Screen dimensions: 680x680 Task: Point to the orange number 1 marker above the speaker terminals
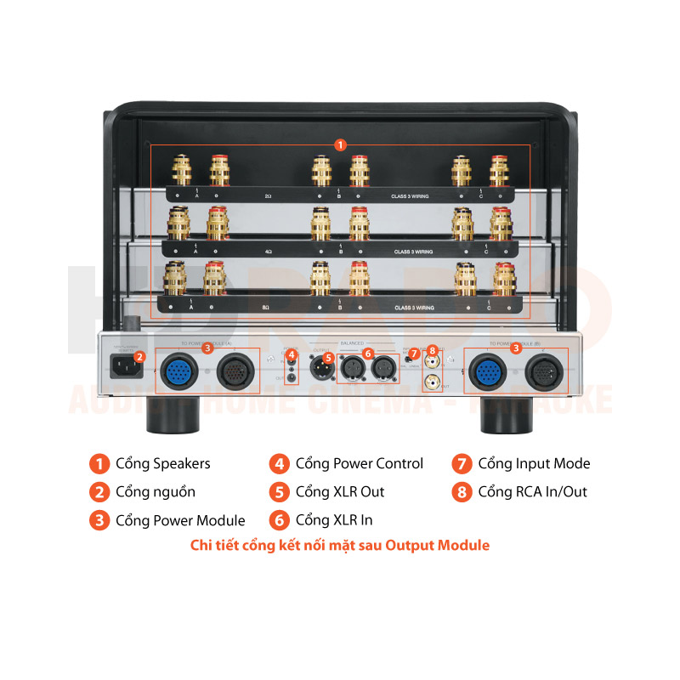(340, 144)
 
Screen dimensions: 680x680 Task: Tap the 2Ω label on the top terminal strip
(268, 196)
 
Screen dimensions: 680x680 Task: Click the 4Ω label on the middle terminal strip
(268, 252)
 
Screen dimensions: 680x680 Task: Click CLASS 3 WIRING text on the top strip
(411, 196)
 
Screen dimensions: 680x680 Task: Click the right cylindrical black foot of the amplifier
(501, 415)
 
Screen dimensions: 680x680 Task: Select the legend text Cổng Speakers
(162, 463)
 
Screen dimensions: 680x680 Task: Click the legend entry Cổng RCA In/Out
(532, 491)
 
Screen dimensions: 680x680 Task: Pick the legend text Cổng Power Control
(359, 463)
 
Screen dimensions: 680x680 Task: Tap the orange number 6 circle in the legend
(279, 520)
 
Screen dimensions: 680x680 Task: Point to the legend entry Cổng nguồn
(155, 491)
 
